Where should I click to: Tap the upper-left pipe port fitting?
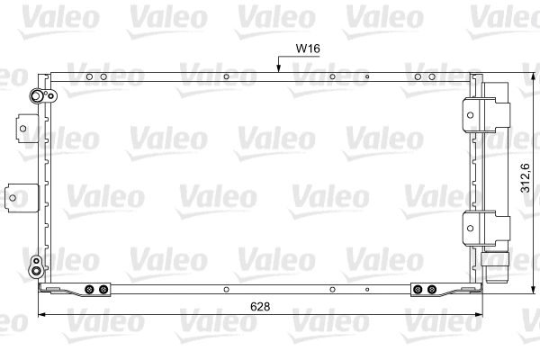(37, 97)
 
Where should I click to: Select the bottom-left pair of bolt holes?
(96, 290)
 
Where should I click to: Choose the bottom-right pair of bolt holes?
(424, 290)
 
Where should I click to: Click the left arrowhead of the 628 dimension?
(41, 314)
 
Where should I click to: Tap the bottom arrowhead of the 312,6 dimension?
(522, 293)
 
